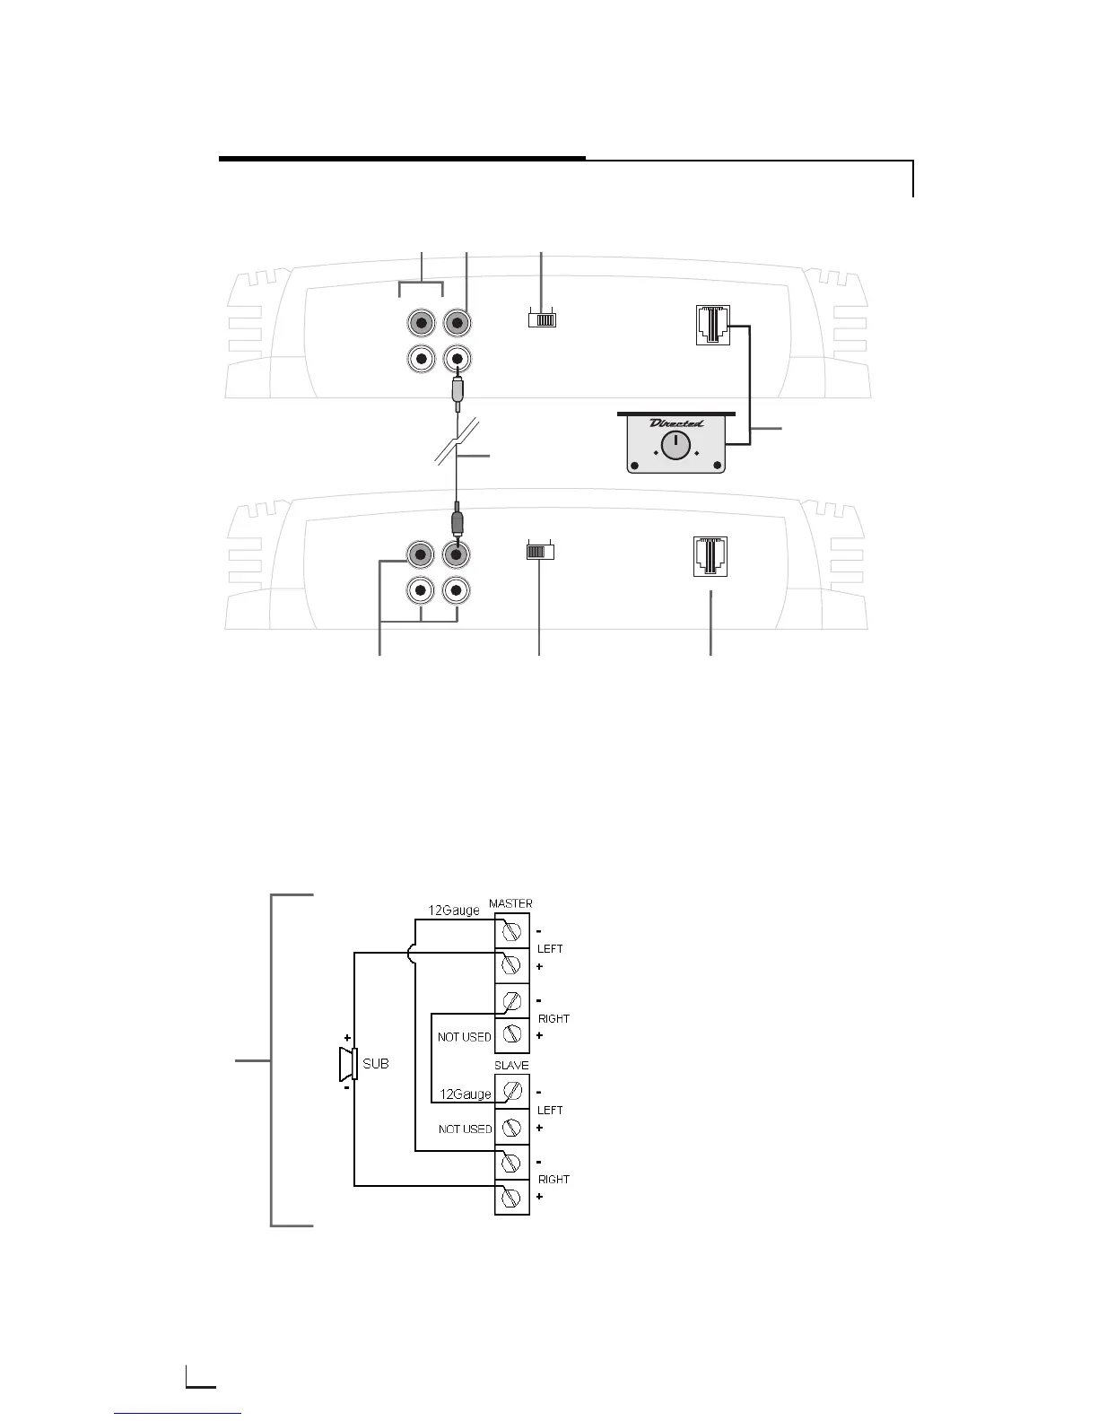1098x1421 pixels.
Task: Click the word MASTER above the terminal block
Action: (x=510, y=903)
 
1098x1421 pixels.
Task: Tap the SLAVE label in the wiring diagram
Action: (x=511, y=1065)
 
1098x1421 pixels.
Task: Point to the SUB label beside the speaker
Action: (x=376, y=1064)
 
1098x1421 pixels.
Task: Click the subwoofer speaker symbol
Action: (x=347, y=1064)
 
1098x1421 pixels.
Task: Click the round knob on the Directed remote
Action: (x=675, y=446)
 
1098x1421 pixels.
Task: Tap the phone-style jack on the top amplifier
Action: (x=712, y=325)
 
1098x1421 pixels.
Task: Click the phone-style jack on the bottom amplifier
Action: (x=710, y=556)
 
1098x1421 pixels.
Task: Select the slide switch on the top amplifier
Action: (x=542, y=318)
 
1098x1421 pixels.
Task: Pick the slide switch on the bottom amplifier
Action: (x=540, y=552)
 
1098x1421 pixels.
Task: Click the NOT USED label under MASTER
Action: (x=465, y=1037)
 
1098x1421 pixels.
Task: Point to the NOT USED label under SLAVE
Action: (x=466, y=1129)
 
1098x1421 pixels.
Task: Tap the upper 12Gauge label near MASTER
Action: (x=453, y=911)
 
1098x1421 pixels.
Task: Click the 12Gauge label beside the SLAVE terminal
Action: (x=466, y=1094)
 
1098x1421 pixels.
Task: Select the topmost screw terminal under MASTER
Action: (x=512, y=930)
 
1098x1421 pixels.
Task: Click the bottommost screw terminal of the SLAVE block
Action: (x=512, y=1198)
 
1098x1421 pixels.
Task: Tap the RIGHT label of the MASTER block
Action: (x=553, y=1018)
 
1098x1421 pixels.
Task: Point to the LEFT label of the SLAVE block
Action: (x=550, y=1110)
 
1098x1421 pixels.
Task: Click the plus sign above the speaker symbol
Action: (x=347, y=1036)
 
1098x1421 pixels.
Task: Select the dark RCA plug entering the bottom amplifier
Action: (x=457, y=521)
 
